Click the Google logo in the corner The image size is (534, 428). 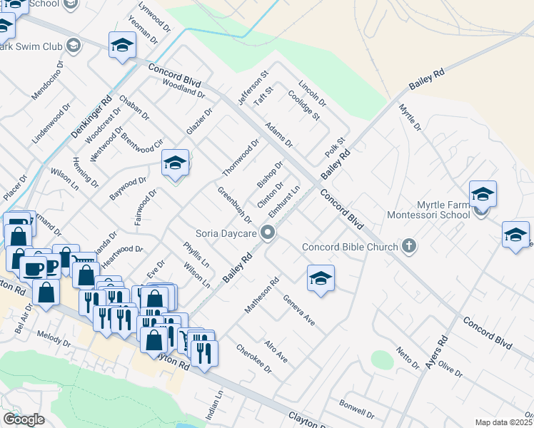coord(24,419)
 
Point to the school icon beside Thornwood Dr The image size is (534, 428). coord(175,164)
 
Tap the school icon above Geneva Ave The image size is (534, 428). coord(321,279)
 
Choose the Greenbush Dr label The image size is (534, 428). coord(235,205)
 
